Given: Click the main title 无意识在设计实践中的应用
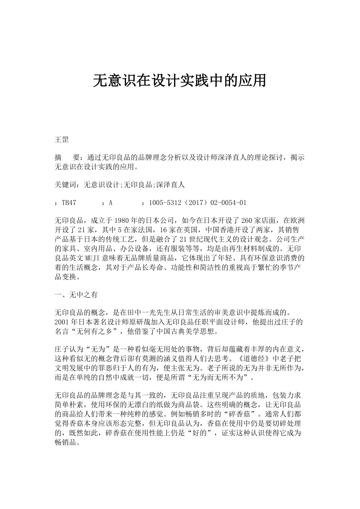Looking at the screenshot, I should [180, 81].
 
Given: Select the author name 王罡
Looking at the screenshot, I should [62, 140].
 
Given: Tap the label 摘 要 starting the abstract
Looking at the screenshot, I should [67, 157].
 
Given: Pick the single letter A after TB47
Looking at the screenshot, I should [111, 203].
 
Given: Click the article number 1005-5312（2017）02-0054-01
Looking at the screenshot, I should [197, 203].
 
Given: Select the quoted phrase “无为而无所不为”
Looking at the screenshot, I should [220, 377].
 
